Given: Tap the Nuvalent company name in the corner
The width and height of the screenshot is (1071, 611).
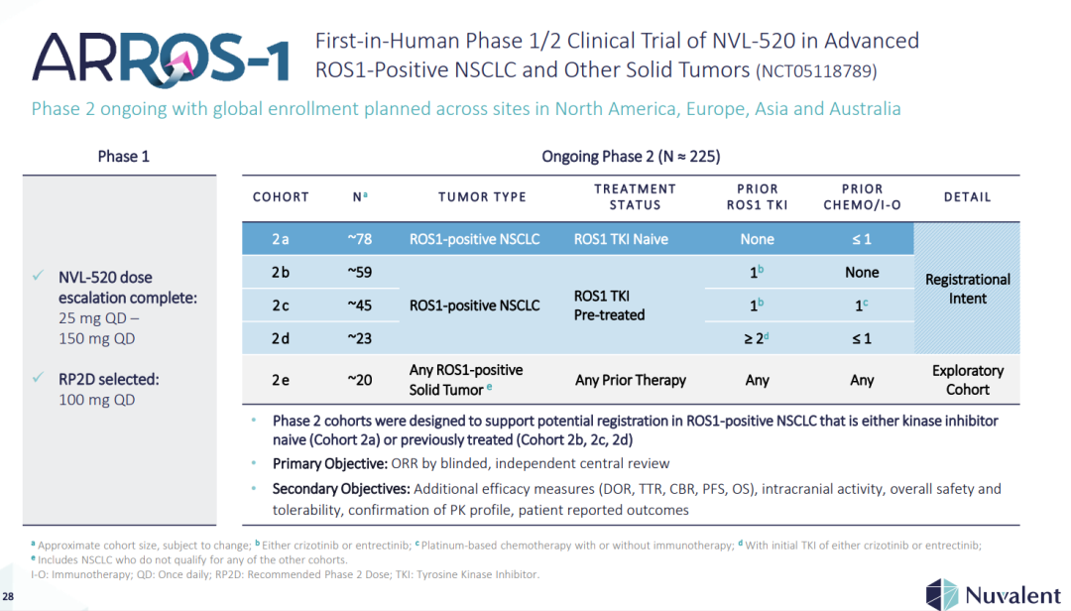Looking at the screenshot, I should [x=1011, y=594].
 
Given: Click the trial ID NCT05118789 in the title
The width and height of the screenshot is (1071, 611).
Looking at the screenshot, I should [x=816, y=71].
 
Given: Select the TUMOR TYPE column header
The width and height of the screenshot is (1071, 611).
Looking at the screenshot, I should [x=482, y=196].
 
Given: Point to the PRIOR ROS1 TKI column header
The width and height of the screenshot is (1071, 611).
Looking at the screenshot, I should [x=758, y=196].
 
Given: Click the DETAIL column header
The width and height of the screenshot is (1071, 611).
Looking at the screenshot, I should [x=967, y=196].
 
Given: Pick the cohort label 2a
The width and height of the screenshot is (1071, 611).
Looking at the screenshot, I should [x=281, y=239].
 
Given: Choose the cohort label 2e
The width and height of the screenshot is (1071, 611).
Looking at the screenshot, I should [x=281, y=379].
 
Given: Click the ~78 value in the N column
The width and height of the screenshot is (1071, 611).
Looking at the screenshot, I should [x=359, y=239].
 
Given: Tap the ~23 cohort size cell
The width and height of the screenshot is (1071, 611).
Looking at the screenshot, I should [x=359, y=338].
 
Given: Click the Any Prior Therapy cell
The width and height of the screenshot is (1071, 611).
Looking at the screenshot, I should [x=631, y=380].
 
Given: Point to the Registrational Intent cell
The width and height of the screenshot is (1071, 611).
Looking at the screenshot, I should [x=967, y=289].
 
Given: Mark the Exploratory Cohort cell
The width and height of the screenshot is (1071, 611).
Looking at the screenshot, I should [x=967, y=380].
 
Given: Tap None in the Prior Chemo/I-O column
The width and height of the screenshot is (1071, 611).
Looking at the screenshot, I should [x=862, y=272].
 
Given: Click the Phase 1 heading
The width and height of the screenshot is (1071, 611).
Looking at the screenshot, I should [x=124, y=156].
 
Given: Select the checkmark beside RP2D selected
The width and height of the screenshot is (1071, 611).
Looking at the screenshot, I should [x=38, y=379].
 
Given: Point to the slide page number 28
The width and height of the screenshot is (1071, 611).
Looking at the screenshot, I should [x=9, y=596].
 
